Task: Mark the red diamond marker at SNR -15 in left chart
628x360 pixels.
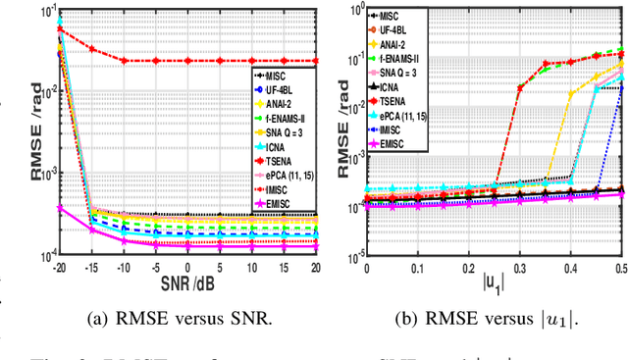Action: coord(91,48)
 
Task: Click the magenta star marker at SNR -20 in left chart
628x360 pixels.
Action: coord(59,207)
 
